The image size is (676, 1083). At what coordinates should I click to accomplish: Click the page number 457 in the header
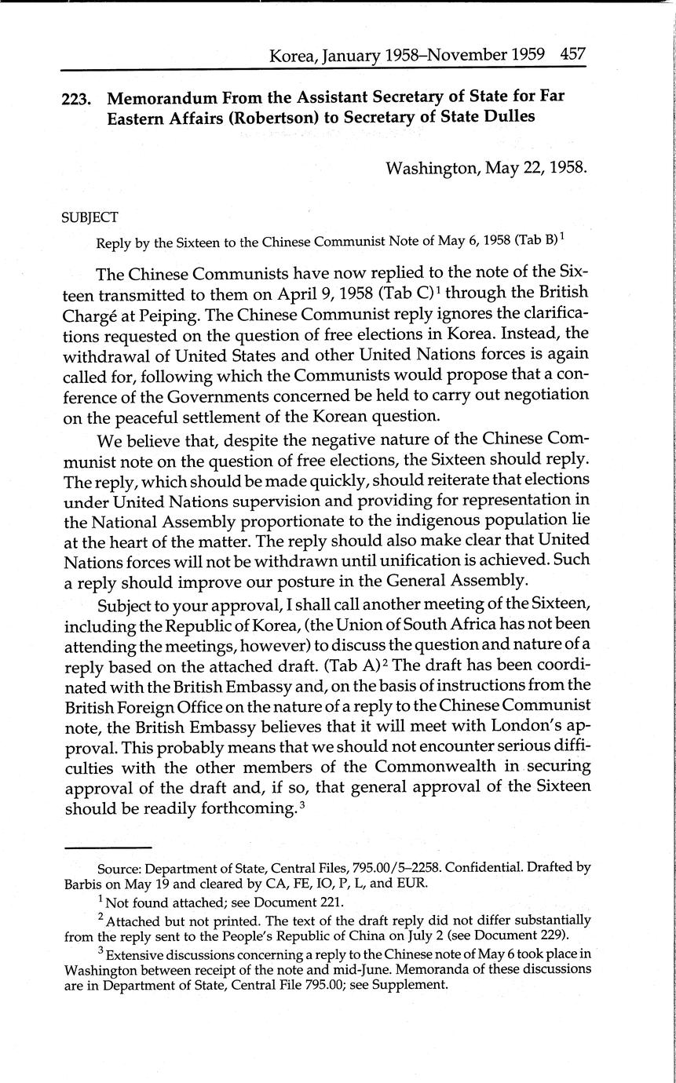[573, 56]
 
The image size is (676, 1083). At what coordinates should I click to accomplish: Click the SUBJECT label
[90, 217]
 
